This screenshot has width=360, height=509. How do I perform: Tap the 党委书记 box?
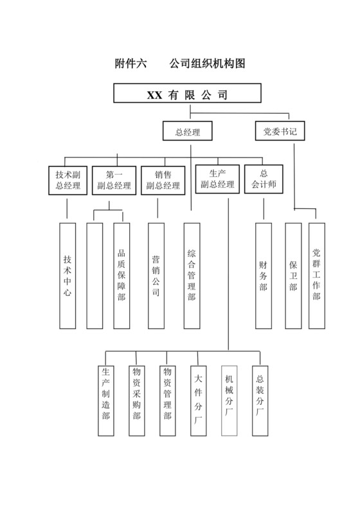pos(280,132)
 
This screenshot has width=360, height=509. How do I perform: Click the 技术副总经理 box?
pos(67,179)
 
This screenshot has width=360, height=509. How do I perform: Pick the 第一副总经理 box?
pos(113,179)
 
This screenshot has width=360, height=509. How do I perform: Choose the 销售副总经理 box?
pos(163,179)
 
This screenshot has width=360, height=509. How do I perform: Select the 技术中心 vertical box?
pos(67,276)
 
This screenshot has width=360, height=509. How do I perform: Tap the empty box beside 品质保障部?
pos(94,276)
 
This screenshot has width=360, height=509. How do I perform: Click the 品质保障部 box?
pos(122,276)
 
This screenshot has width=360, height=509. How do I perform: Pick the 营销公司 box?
pos(156,276)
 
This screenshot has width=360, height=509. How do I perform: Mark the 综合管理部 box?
pos(192,276)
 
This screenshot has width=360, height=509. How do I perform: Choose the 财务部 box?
pos(263,276)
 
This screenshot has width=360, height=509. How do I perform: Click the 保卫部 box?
pos(293,276)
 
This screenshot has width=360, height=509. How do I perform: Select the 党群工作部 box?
pos(316,276)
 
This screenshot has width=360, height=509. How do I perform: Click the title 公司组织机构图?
pos(208,64)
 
